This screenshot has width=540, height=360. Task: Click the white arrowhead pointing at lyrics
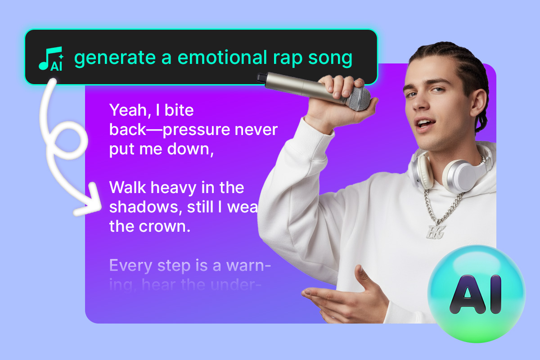click(90, 200)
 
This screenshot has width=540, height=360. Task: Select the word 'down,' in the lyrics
click(190, 149)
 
